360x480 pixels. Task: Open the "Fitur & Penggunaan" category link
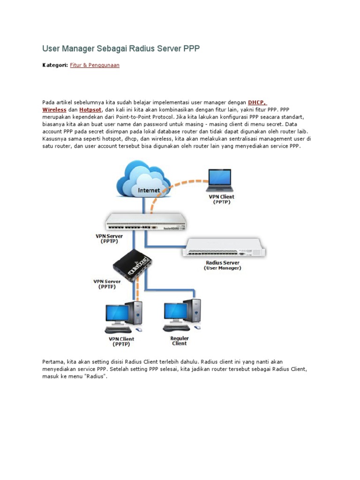(x=95, y=65)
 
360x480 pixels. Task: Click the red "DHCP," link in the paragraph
(x=257, y=102)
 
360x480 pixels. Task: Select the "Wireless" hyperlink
(x=54, y=109)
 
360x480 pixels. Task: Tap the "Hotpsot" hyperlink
(x=90, y=109)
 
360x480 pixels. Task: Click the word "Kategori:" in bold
(x=55, y=65)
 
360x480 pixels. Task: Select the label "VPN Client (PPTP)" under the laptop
(x=221, y=200)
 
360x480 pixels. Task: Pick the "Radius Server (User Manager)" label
(x=223, y=265)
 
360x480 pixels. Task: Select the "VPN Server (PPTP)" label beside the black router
(x=107, y=284)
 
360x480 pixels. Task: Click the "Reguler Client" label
(x=179, y=341)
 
